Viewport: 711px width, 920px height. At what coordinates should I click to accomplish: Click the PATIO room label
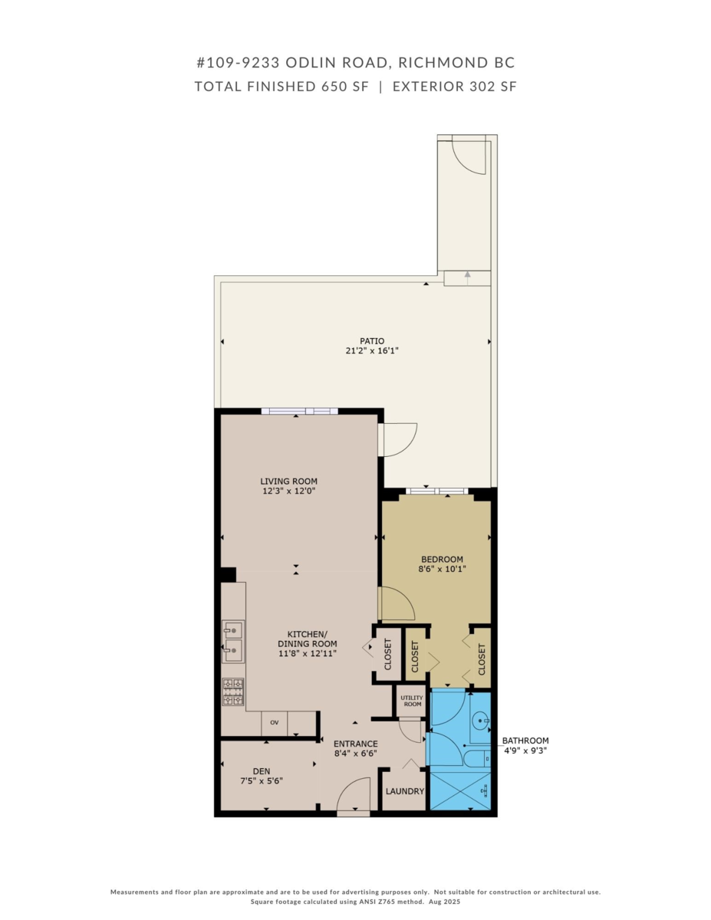[x=372, y=341]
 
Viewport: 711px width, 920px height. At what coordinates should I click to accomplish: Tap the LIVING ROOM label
[x=288, y=481]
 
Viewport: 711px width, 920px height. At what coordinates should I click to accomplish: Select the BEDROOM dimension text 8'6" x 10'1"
[x=442, y=570]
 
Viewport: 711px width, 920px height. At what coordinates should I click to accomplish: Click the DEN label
[x=262, y=771]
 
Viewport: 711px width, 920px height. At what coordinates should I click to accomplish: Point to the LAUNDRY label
[x=405, y=791]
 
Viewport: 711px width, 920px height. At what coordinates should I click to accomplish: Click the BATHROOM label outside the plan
[x=525, y=741]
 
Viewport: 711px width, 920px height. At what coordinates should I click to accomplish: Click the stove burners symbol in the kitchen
[x=233, y=692]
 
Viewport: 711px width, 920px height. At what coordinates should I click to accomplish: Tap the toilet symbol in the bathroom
[x=476, y=759]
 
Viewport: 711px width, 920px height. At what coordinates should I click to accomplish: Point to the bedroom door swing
[x=397, y=603]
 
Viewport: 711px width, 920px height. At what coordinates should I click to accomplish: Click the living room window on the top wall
[x=299, y=411]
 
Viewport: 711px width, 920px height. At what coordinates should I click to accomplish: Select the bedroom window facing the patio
[x=436, y=491]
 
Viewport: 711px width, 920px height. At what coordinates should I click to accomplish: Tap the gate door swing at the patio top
[x=467, y=156]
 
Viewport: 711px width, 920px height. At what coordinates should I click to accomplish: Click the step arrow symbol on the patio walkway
[x=467, y=278]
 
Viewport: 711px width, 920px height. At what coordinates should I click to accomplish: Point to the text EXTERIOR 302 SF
[x=454, y=87]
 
